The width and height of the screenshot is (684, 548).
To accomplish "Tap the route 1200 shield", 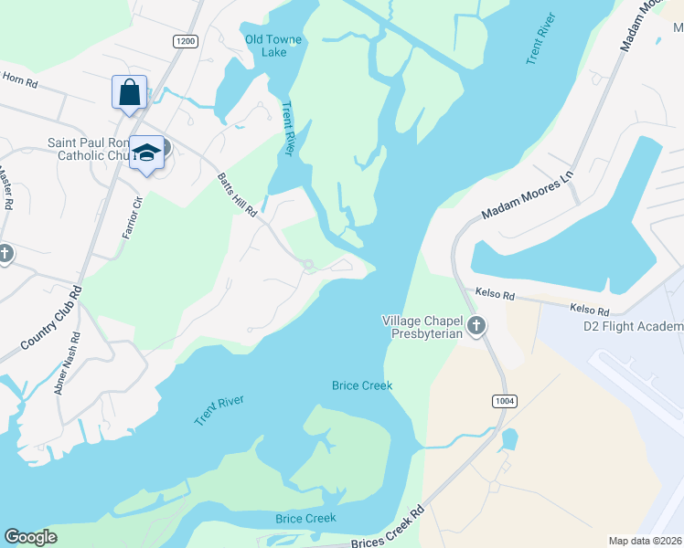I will coord(185,41).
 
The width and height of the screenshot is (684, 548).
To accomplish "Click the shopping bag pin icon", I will coord(129,92).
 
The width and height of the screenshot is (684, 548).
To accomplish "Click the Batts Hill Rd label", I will coord(238,195).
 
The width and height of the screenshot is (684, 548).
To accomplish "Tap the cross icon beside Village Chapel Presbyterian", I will coord(476,326).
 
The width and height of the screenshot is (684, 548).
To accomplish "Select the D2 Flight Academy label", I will coord(633,326).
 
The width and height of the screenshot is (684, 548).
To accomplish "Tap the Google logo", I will coord(30,537).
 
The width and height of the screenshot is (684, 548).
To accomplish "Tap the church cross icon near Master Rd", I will coord(5,253).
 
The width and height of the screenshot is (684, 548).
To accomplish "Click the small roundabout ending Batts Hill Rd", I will coord(309,265).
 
